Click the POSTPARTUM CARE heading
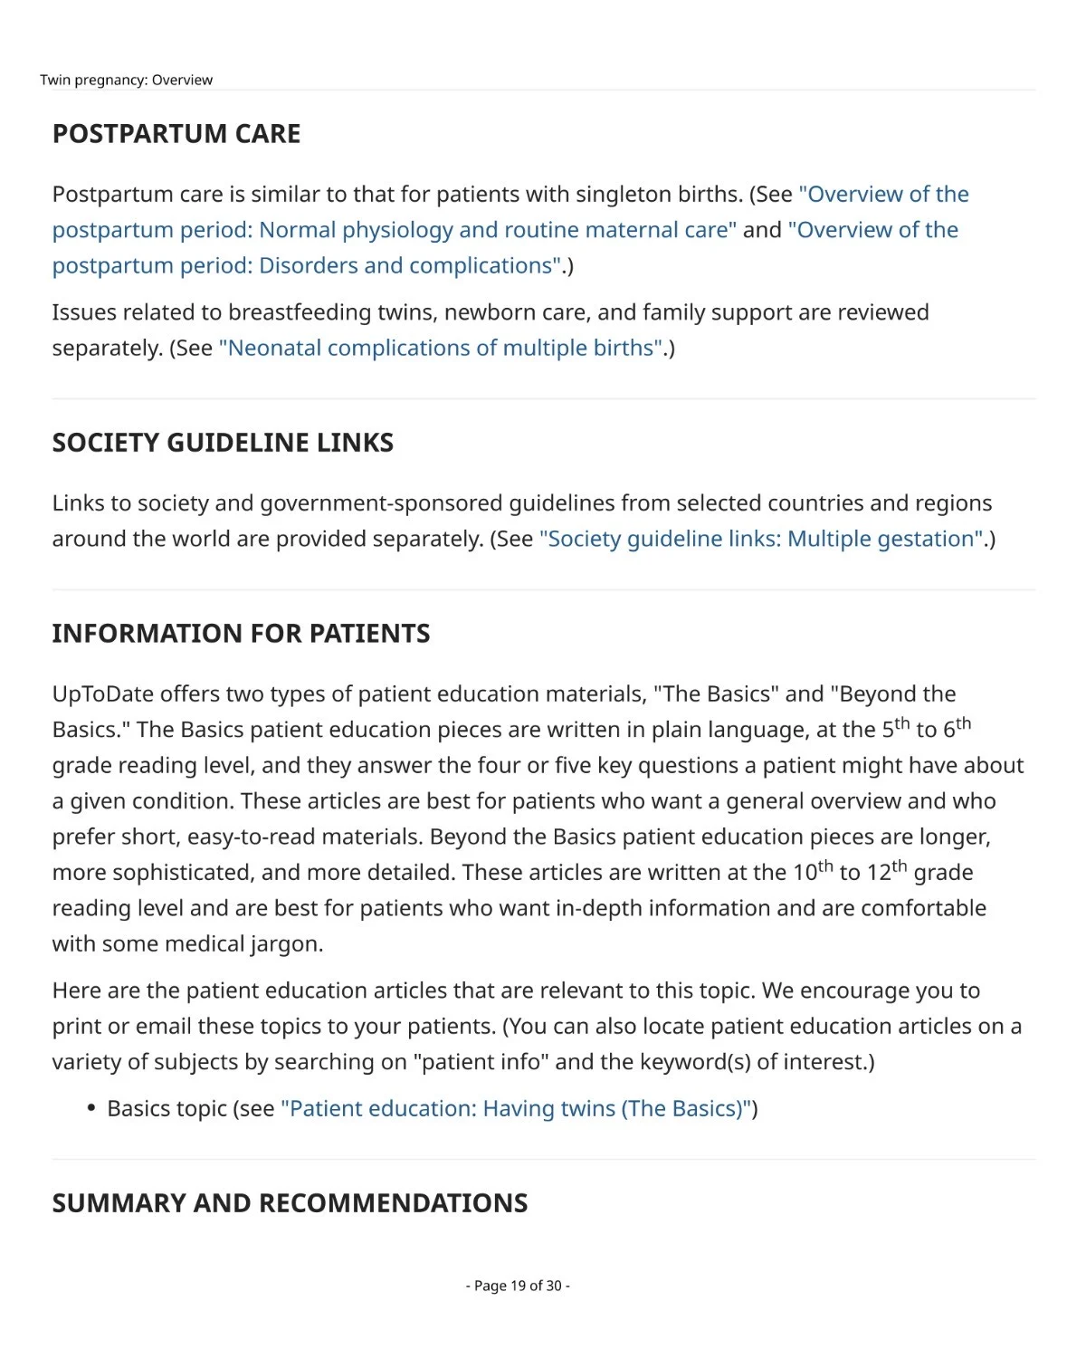pyautogui.click(x=176, y=134)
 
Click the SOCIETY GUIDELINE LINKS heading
pyautogui.click(x=223, y=443)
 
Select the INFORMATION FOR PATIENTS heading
pyautogui.click(x=241, y=634)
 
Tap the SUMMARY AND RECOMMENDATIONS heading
pyautogui.click(x=290, y=1203)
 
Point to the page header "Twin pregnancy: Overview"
pyautogui.click(x=127, y=80)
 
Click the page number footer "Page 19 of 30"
pyautogui.click(x=518, y=1286)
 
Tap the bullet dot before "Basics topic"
pyautogui.click(x=91, y=1108)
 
